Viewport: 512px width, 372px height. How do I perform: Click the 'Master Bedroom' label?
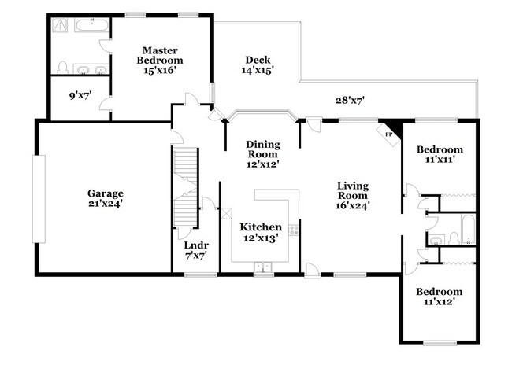click(159, 55)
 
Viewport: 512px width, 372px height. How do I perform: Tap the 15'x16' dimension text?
click(159, 70)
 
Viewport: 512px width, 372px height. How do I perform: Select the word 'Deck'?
click(257, 60)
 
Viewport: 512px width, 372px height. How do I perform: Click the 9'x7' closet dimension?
click(80, 95)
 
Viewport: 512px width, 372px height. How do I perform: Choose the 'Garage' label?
click(105, 193)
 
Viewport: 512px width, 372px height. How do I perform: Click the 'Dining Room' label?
click(263, 149)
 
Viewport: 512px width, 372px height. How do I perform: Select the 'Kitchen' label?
click(261, 227)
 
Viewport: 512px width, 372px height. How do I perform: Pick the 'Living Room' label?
click(353, 190)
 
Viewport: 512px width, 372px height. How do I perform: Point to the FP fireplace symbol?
click(389, 134)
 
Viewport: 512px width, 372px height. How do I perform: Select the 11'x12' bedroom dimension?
click(440, 301)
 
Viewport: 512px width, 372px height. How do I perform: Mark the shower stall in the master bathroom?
click(61, 25)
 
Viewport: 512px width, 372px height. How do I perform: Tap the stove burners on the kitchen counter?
click(294, 230)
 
